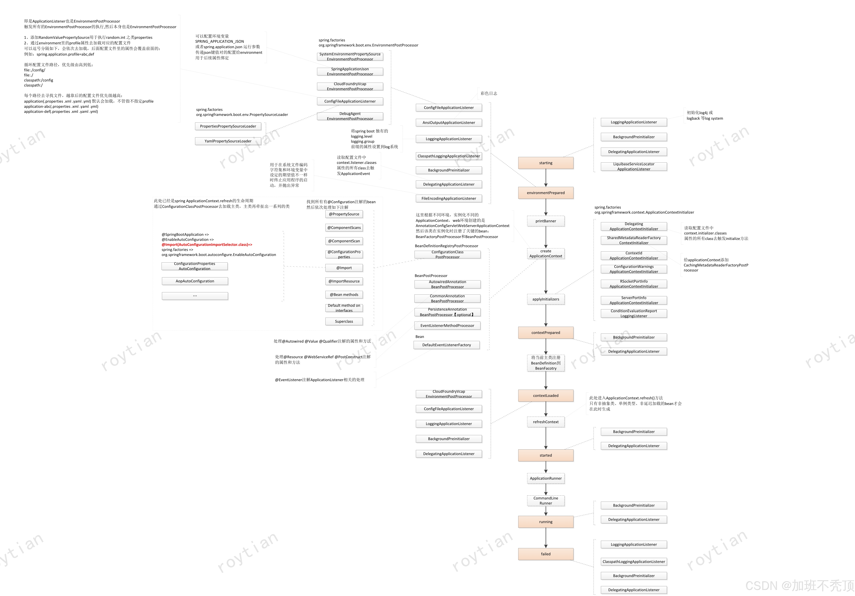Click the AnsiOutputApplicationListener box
coord(449,123)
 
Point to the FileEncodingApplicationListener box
coord(449,198)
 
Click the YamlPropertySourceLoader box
coord(228,141)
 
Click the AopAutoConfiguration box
coord(195,281)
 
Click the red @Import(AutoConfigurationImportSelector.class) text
coord(207,245)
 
